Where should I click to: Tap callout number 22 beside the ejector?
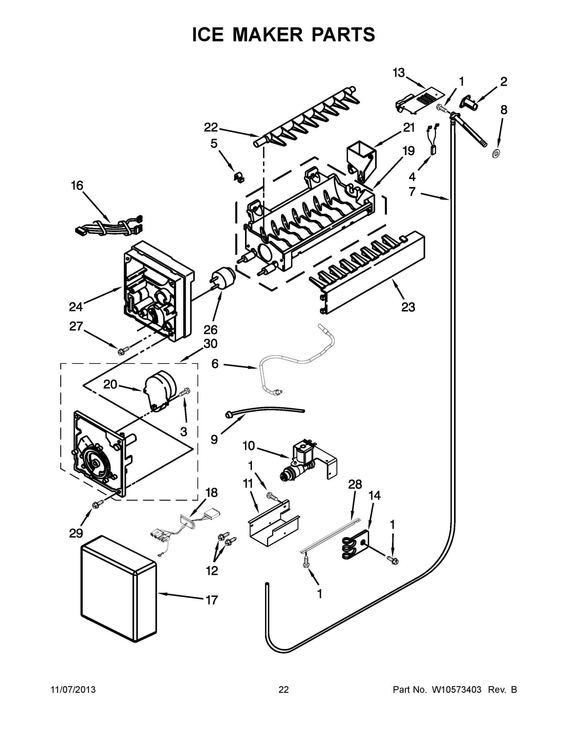[x=211, y=128]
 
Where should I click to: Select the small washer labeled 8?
[x=495, y=154]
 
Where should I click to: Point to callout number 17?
[x=212, y=600]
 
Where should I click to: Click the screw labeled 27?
[x=121, y=352]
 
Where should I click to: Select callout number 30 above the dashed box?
[x=211, y=344]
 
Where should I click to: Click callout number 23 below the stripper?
[x=408, y=307]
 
